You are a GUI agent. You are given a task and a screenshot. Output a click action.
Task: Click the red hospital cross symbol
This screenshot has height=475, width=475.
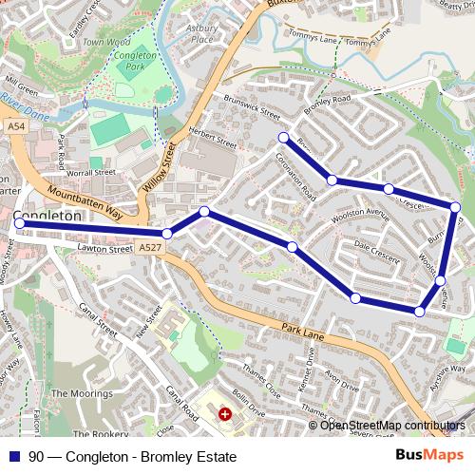tap(225, 414)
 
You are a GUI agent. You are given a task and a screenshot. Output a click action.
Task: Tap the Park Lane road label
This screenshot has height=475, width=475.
tap(305, 330)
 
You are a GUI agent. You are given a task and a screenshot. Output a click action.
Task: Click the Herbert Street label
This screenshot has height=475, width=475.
tap(212, 139)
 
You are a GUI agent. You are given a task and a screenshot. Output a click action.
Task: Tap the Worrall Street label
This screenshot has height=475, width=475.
tap(90, 174)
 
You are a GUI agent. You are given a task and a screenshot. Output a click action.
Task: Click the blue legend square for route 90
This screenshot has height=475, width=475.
tap(14, 457)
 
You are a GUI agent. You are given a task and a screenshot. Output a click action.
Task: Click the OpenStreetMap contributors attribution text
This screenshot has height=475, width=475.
tap(393, 426)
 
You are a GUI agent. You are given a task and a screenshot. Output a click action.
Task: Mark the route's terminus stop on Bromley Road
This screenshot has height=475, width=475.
tap(283, 138)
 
